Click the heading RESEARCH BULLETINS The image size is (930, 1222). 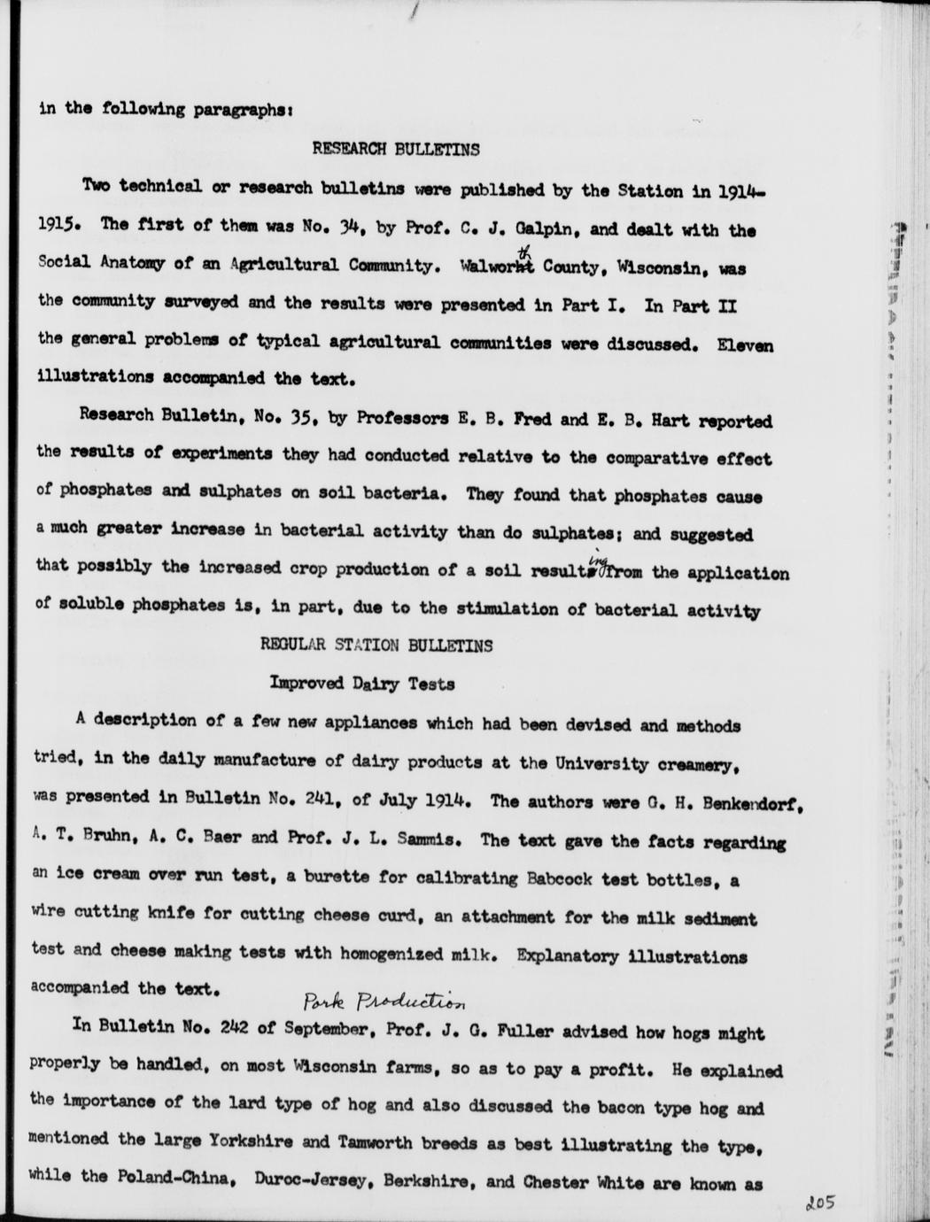(x=396, y=150)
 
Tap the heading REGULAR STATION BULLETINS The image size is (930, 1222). (x=376, y=646)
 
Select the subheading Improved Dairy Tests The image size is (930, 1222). (x=361, y=684)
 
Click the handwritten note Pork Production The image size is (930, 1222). (x=384, y=1001)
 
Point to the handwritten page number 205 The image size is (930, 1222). (x=823, y=1205)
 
